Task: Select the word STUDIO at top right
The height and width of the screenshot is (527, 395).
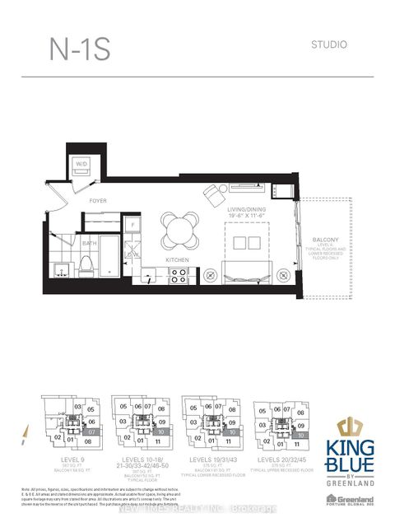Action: point(331,44)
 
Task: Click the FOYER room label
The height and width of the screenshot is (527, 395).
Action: point(99,200)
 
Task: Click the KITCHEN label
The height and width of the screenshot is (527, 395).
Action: point(177,260)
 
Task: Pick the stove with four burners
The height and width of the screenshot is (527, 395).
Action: point(177,276)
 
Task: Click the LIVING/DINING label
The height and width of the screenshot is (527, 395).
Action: point(245,210)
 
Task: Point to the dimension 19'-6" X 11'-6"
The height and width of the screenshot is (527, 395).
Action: point(245,217)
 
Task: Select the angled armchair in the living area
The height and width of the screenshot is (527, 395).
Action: point(215,194)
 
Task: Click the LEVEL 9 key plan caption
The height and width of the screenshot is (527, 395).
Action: point(62,457)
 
